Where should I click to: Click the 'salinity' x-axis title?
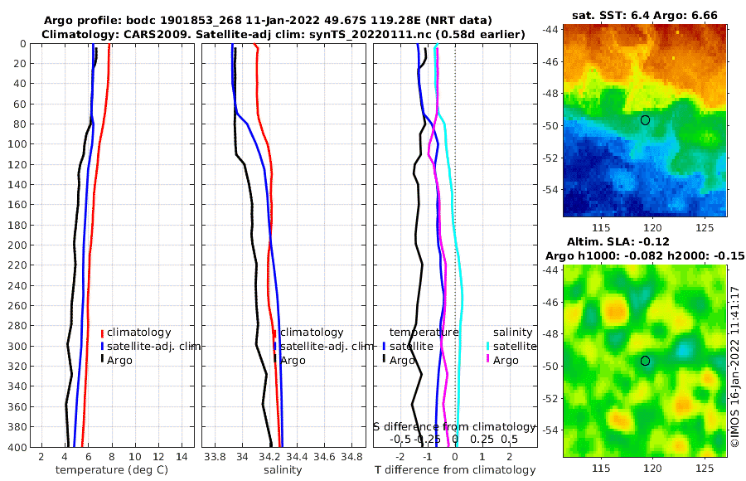coord(282,470)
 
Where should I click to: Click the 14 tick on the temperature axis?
coord(182,455)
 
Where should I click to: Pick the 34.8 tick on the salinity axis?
coord(352,455)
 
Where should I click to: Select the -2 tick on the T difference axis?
coord(400,455)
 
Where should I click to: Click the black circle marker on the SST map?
coord(645,119)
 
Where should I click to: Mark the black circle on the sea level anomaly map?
coord(645,360)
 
